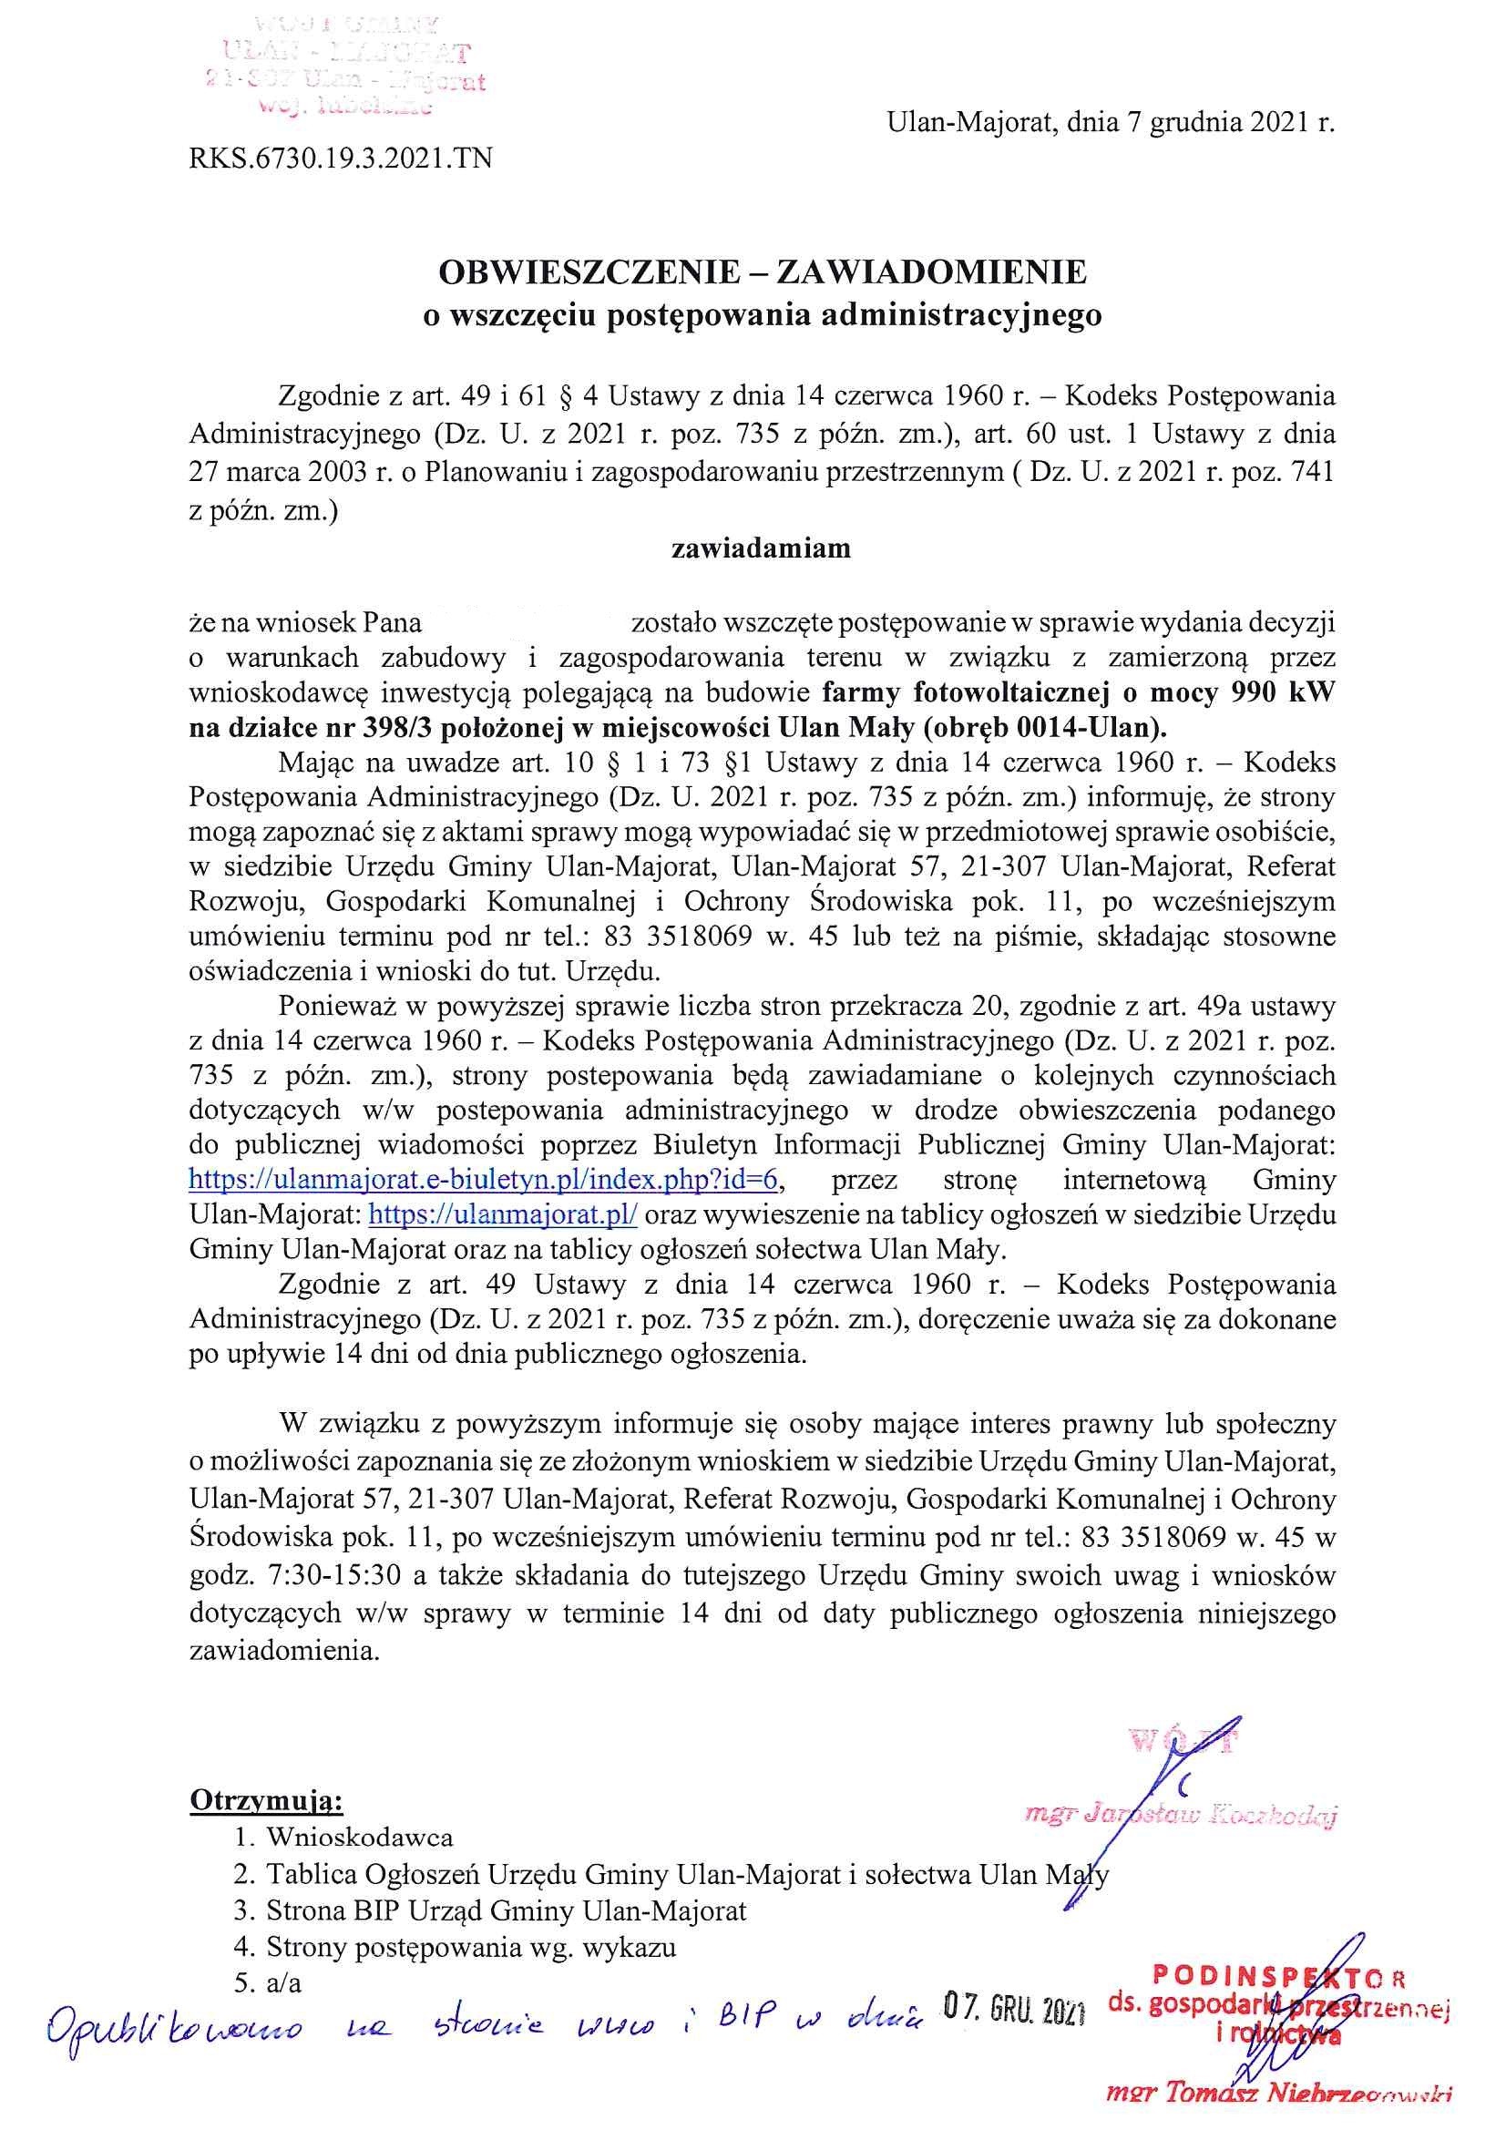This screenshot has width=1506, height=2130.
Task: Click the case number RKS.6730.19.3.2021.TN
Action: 341,159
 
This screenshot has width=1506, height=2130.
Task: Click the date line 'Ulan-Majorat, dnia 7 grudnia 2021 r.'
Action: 1111,123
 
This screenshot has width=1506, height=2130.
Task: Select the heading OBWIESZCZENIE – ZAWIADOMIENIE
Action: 762,271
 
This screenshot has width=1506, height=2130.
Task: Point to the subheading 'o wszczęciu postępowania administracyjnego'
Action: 762,315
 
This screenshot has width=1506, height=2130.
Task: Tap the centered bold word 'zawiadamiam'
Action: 761,548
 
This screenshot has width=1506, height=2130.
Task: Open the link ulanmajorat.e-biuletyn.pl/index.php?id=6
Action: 484,1180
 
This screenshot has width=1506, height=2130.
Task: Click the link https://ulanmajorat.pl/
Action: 503,1214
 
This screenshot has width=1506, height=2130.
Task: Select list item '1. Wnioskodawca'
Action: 343,1837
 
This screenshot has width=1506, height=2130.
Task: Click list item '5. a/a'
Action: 269,1983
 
